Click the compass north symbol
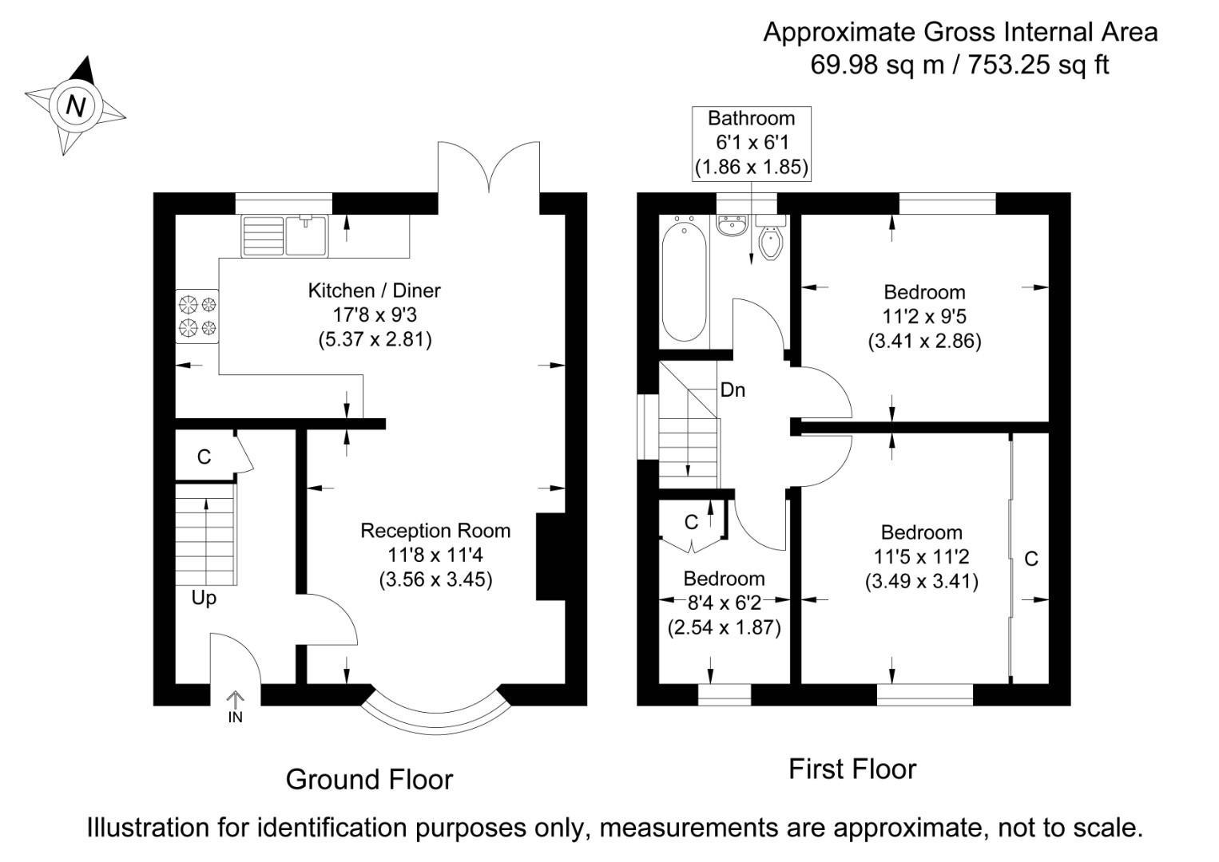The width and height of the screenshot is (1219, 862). tap(75, 105)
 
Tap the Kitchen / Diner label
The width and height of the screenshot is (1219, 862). tap(374, 291)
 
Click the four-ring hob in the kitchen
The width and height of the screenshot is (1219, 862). tap(197, 315)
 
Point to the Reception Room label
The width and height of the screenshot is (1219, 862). tap(435, 531)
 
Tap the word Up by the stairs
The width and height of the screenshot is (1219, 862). tap(204, 598)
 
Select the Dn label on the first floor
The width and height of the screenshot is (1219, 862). tap(733, 390)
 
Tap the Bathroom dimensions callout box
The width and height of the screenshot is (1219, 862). tap(751, 143)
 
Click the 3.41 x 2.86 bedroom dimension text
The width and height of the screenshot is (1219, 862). tap(924, 342)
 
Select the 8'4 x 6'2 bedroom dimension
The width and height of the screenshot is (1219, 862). tap(724, 603)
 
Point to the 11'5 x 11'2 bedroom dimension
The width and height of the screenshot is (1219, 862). tap(922, 556)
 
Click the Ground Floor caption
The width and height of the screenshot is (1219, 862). tap(369, 779)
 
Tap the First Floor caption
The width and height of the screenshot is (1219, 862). tap(852, 769)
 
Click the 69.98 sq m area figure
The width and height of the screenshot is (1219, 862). tap(877, 64)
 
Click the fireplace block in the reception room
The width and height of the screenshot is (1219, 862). tap(550, 556)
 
